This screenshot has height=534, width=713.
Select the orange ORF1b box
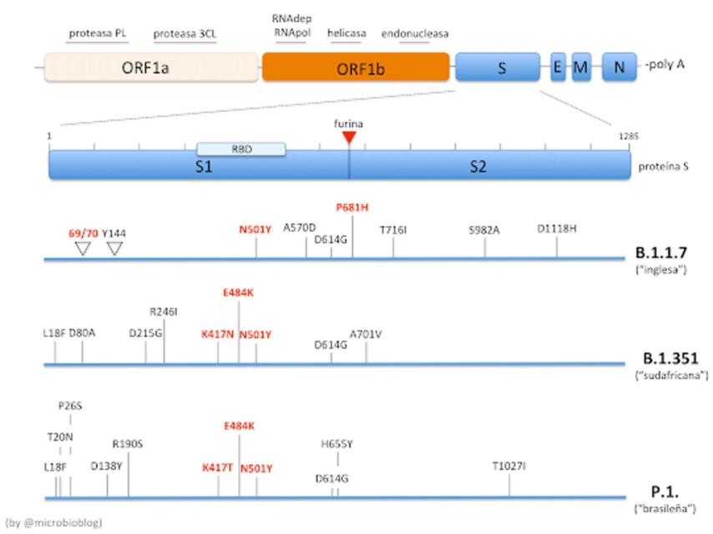pos(355,66)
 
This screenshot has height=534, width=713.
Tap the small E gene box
pos(557,67)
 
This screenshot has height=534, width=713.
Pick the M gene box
pos(580,67)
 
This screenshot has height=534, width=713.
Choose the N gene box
pos(619,67)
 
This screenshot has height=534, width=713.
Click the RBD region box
pos(241,149)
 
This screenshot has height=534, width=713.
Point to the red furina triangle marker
pos(349,137)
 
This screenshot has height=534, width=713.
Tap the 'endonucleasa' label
pos(415,34)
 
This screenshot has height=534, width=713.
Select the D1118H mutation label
pos(557,229)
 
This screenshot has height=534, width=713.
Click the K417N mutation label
pos(217,334)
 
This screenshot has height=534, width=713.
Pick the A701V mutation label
pos(366,334)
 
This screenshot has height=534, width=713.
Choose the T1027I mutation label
pos(509,466)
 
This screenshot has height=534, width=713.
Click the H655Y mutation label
pos(337,446)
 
